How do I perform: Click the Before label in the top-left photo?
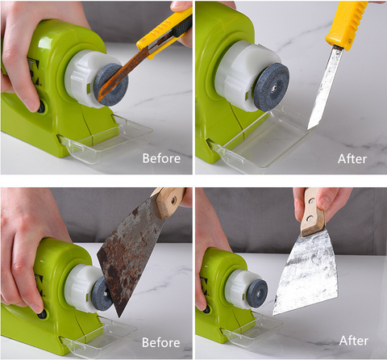click(x=161, y=158)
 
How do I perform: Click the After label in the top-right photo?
click(x=352, y=159)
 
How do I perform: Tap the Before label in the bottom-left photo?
click(x=161, y=342)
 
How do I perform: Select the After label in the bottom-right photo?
click(x=354, y=341)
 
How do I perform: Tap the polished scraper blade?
click(x=306, y=273)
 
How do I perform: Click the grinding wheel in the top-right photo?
click(x=272, y=87)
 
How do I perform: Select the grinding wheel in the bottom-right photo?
click(x=257, y=293)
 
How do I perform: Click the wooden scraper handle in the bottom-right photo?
click(x=313, y=211)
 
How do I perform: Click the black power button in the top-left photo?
click(x=41, y=107)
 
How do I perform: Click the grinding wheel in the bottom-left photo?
click(x=102, y=294)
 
